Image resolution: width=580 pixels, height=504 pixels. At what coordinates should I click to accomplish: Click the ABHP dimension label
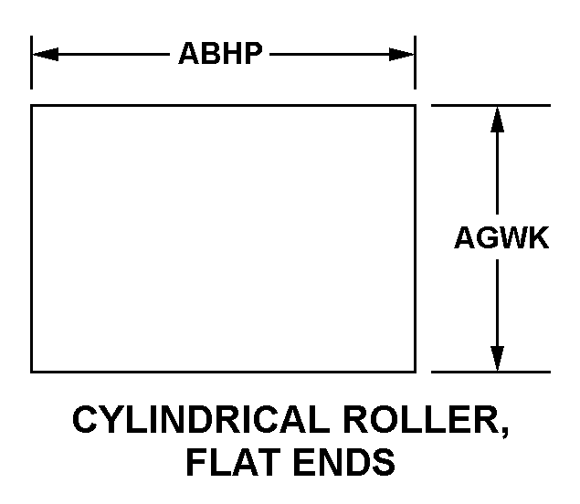point(220,54)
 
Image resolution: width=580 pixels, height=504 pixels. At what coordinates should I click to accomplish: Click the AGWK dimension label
point(501,238)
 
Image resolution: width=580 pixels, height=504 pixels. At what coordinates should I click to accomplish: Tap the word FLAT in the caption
point(227,462)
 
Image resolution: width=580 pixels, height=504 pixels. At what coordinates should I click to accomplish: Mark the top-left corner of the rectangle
point(32,106)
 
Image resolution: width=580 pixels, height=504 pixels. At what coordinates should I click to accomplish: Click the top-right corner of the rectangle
point(416,106)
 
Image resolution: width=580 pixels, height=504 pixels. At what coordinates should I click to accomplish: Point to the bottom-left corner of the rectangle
point(32,372)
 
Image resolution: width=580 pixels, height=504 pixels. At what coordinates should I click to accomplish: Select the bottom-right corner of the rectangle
point(416,372)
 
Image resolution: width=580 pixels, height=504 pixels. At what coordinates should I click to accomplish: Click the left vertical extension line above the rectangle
point(32,62)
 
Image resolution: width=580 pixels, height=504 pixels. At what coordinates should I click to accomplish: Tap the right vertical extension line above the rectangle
point(416,62)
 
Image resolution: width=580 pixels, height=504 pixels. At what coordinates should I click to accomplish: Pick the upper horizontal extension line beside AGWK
point(490,106)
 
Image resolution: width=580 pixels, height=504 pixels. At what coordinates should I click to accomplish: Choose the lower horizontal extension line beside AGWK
point(490,372)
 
